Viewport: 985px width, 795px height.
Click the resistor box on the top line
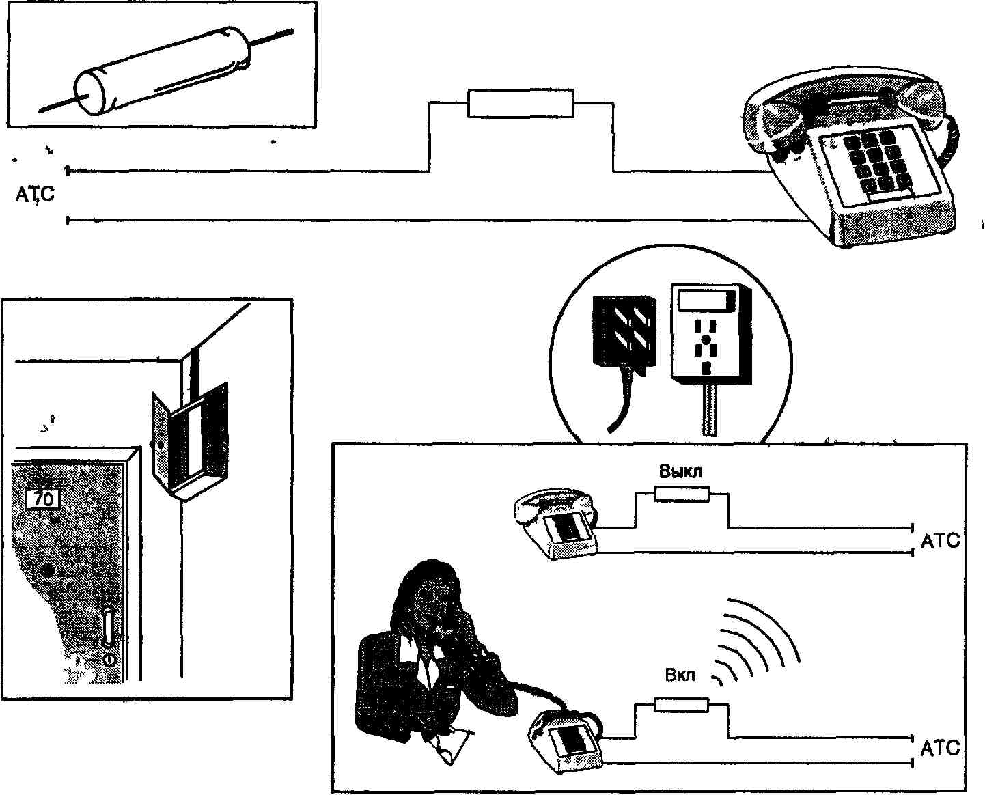tap(521, 103)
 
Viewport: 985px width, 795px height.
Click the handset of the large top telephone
tap(847, 102)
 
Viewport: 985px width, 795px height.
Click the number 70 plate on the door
tap(42, 499)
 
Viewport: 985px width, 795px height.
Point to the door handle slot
tap(108, 627)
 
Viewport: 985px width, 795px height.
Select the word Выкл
tap(680, 472)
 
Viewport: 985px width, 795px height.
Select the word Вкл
tap(680, 675)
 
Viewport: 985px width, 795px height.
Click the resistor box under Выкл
tap(682, 494)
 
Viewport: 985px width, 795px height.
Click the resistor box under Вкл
tap(682, 705)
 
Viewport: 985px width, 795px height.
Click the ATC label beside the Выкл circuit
tap(940, 542)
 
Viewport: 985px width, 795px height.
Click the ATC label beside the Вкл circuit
tap(940, 749)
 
